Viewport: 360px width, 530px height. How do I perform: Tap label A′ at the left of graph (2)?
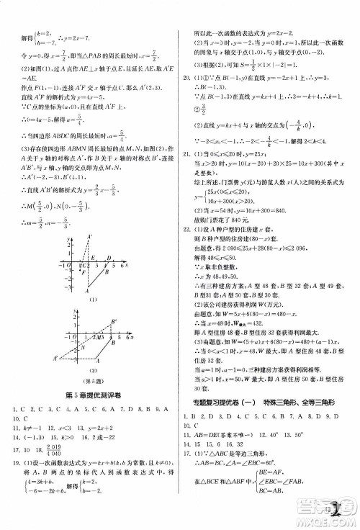55,358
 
